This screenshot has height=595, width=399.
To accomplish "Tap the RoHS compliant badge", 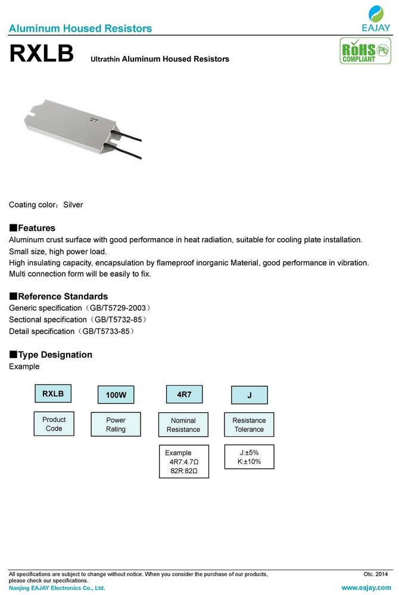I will click(x=357, y=52).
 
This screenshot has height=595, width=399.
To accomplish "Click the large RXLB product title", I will click(x=41, y=54).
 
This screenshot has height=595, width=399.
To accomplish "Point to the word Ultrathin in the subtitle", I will click(x=105, y=59).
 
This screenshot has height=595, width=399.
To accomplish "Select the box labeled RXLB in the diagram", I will click(x=53, y=393).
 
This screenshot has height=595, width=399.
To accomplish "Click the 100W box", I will click(x=116, y=395).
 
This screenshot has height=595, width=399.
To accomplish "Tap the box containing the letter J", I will click(x=249, y=395).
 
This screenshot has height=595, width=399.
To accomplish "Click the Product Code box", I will click(x=54, y=424).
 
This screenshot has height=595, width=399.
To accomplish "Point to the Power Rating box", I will click(x=116, y=424).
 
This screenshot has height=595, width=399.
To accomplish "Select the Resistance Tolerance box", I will click(x=249, y=425).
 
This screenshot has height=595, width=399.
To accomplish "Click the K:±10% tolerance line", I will click(x=249, y=462).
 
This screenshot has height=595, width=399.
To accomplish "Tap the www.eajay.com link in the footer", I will click(x=365, y=588).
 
